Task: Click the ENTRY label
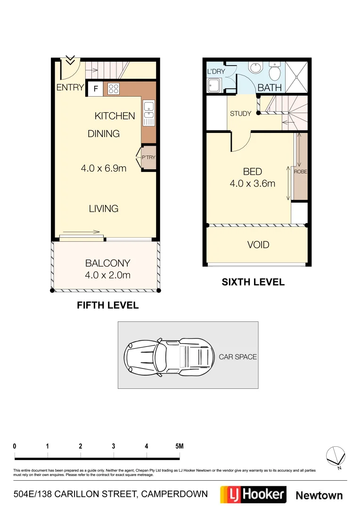(x=70, y=87)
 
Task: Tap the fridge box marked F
(x=96, y=89)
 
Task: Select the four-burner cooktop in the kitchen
(x=114, y=89)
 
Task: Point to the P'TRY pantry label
(x=148, y=157)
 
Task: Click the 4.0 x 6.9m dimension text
(x=104, y=168)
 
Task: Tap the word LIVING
(x=104, y=208)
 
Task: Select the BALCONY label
(x=107, y=263)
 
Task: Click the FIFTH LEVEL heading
(x=107, y=305)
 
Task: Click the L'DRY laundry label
(x=216, y=72)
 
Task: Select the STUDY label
(x=240, y=114)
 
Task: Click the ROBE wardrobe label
(x=300, y=172)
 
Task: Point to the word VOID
(x=258, y=245)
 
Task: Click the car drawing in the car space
(x=167, y=355)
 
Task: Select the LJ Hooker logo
(x=253, y=494)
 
